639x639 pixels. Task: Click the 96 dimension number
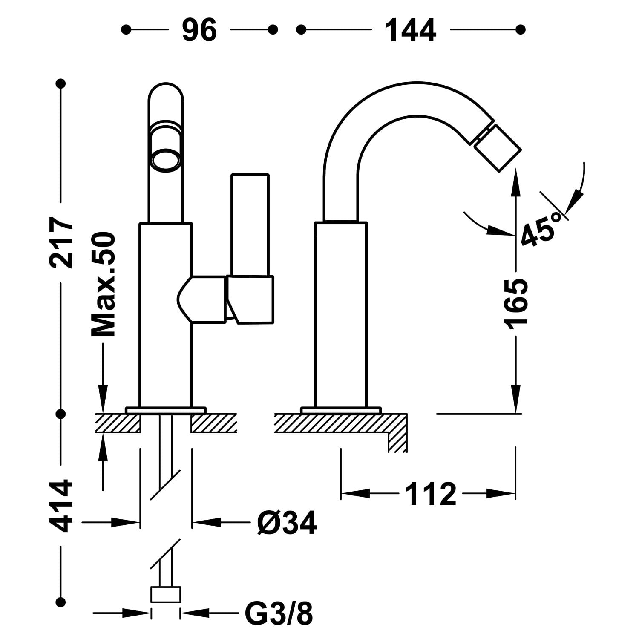[x=199, y=30]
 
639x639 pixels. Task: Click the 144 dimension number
[x=410, y=30]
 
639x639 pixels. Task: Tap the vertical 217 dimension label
[x=61, y=242]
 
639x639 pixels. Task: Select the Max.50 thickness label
[x=104, y=284]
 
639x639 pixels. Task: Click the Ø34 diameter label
[x=287, y=522]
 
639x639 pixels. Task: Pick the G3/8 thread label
[x=279, y=614]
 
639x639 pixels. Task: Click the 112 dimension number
[x=430, y=494]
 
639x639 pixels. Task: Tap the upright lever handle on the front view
[x=250, y=226]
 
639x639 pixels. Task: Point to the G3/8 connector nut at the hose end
[x=166, y=594]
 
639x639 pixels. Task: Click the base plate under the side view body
[x=340, y=410]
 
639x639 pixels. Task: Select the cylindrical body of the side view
[x=341, y=315]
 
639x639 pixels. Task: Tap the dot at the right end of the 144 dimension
[x=520, y=29]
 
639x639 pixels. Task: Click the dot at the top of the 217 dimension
[x=61, y=83]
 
